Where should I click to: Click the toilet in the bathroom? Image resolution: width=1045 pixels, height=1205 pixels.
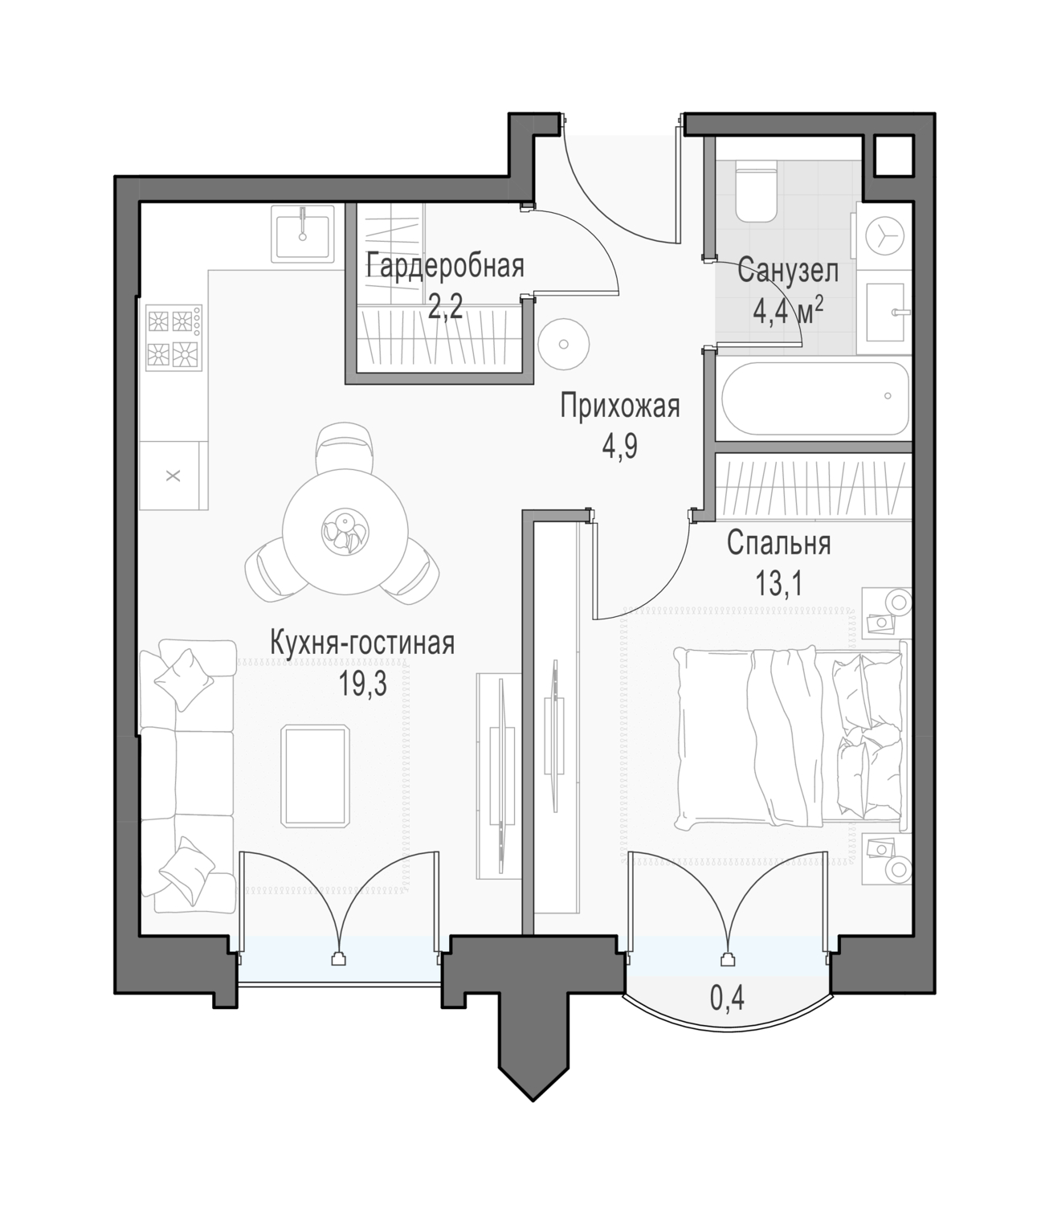pyautogui.click(x=757, y=192)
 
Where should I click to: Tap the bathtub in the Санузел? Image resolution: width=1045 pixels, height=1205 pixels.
pyautogui.click(x=815, y=398)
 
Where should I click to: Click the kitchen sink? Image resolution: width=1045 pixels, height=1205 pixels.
pyautogui.click(x=303, y=233)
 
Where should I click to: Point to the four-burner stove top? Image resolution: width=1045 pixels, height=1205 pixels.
pyautogui.click(x=173, y=338)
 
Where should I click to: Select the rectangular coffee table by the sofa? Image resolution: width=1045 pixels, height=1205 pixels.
pyautogui.click(x=315, y=776)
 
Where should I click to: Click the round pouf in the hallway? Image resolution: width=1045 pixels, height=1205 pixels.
pyautogui.click(x=563, y=345)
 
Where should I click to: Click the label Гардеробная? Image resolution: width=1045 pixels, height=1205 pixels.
pyautogui.click(x=445, y=267)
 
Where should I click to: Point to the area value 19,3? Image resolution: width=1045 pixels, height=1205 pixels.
pyautogui.click(x=362, y=684)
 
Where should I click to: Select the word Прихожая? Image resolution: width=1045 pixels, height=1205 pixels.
pyautogui.click(x=620, y=407)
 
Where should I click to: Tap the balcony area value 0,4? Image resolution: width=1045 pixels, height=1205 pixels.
pyautogui.click(x=727, y=998)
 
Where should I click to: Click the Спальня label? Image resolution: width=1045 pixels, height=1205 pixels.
pyautogui.click(x=778, y=544)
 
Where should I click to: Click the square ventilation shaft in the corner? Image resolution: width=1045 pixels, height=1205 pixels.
pyautogui.click(x=894, y=156)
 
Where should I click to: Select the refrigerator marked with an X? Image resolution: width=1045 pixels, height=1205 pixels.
pyautogui.click(x=173, y=475)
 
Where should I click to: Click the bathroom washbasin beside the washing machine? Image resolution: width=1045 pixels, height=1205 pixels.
pyautogui.click(x=885, y=312)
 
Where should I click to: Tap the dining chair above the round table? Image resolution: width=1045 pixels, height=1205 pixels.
pyautogui.click(x=345, y=447)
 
